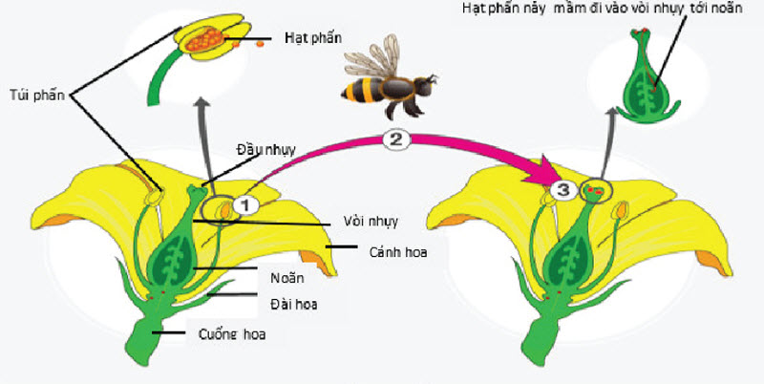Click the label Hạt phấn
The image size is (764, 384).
click(313, 38)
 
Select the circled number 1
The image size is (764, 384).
click(244, 204)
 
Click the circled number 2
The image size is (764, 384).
click(397, 139)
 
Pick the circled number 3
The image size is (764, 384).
click(563, 190)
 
